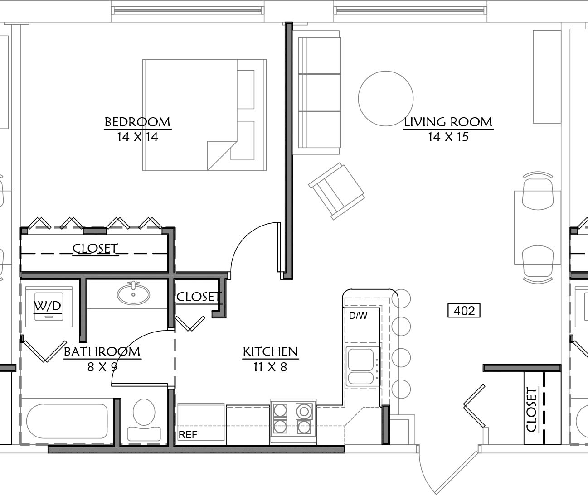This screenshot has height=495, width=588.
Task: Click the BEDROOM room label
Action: (138, 122)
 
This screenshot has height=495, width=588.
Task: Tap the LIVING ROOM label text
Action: (448, 122)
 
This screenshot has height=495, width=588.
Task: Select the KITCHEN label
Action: (270, 352)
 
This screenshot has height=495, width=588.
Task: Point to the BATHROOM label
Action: (102, 352)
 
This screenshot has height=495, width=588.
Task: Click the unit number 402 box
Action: (464, 311)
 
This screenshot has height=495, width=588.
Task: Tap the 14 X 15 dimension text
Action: (448, 137)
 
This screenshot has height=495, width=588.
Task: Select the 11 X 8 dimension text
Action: (270, 367)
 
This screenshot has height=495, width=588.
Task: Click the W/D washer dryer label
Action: (48, 306)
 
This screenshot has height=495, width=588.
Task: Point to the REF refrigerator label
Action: (188, 435)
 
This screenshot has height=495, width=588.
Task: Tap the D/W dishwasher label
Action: (358, 316)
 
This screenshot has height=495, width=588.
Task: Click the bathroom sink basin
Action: (133, 294)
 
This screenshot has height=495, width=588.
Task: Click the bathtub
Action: (67, 421)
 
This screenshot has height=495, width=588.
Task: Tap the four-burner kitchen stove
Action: (293, 421)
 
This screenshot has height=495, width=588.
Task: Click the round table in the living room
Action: (386, 98)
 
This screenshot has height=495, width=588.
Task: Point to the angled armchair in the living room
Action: (336, 191)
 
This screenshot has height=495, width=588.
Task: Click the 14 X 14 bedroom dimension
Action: (138, 137)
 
